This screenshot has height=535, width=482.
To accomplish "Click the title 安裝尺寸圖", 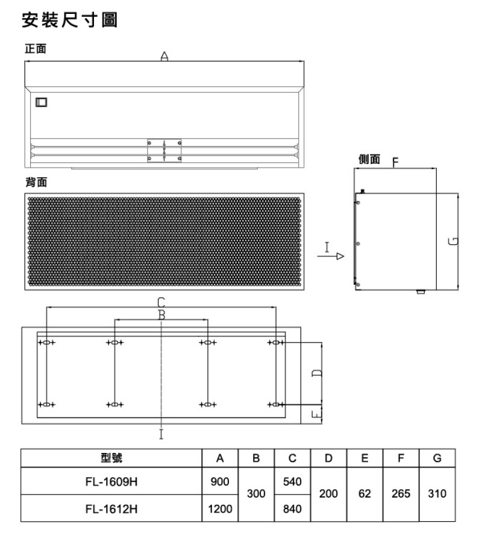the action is pyautogui.click(x=70, y=20).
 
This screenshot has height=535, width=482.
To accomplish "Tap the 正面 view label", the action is pyautogui.click(x=36, y=49).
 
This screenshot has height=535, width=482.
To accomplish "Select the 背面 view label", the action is pyautogui.click(x=36, y=182).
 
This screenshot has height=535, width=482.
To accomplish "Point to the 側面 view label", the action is pyautogui.click(x=369, y=159).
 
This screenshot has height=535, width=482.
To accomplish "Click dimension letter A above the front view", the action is pyautogui.click(x=164, y=56).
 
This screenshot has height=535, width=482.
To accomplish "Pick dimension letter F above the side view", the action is pyautogui.click(x=395, y=162).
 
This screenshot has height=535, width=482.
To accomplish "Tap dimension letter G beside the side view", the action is pyautogui.click(x=453, y=241).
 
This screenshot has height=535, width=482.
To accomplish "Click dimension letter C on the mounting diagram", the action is pyautogui.click(x=161, y=302).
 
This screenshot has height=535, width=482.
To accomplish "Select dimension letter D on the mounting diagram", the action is pyautogui.click(x=317, y=373).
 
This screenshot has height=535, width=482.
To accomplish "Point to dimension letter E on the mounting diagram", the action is pyautogui.click(x=317, y=414).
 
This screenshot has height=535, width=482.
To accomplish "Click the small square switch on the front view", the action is pyautogui.click(x=41, y=103).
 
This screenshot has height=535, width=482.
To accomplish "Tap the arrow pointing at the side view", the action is pyautogui.click(x=330, y=256).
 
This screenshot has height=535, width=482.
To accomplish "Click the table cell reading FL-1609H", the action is pyautogui.click(x=111, y=481).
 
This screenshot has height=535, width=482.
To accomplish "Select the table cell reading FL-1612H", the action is pyautogui.click(x=111, y=508).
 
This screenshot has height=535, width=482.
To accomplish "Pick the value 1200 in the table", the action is pyautogui.click(x=220, y=508).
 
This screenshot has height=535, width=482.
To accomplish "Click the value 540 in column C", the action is pyautogui.click(x=292, y=481).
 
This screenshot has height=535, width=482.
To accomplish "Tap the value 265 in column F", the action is pyautogui.click(x=401, y=493).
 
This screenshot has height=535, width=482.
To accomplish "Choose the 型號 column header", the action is pyautogui.click(x=111, y=458).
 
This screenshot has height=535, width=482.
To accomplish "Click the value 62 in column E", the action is pyautogui.click(x=365, y=493).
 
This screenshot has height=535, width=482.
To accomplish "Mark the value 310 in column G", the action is pyautogui.click(x=437, y=493).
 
